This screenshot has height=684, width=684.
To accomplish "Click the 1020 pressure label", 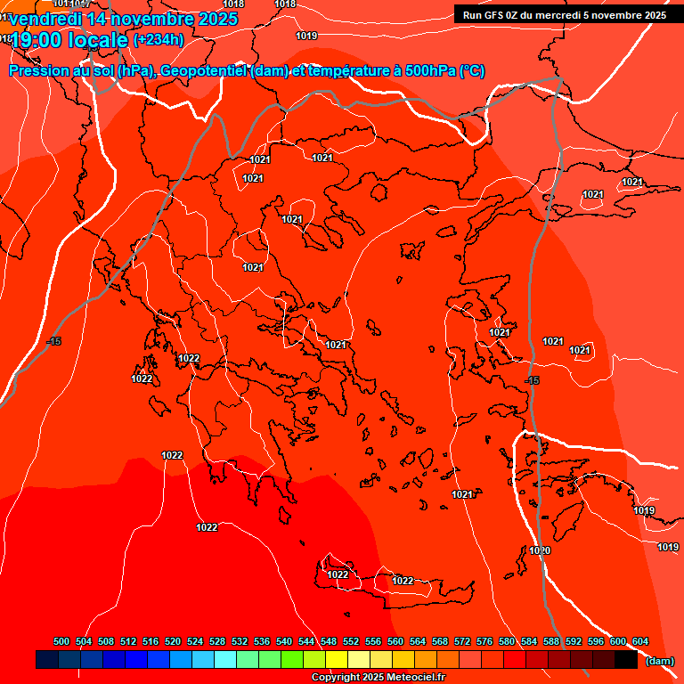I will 540,550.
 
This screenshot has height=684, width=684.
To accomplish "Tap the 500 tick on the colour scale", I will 61,641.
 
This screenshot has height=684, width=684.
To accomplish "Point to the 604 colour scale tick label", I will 640,641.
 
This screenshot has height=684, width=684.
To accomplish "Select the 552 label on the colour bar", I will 351,641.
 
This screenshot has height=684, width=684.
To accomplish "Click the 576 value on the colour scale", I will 484,641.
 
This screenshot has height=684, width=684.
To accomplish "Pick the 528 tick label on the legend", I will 217,641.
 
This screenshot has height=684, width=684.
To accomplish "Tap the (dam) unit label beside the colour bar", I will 659,661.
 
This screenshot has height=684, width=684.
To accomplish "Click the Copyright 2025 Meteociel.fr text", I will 378,678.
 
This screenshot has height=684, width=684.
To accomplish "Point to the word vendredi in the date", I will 45,19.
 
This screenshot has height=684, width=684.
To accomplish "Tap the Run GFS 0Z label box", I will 563,14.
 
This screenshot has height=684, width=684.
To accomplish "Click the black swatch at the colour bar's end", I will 625,660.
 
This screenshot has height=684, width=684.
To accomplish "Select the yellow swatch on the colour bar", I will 336,660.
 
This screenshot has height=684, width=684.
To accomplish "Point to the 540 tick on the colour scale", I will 284,641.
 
